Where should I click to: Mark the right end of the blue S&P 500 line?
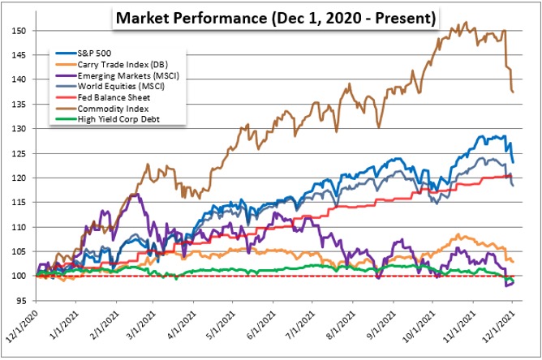(513, 162)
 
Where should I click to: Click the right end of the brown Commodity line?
(513, 92)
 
